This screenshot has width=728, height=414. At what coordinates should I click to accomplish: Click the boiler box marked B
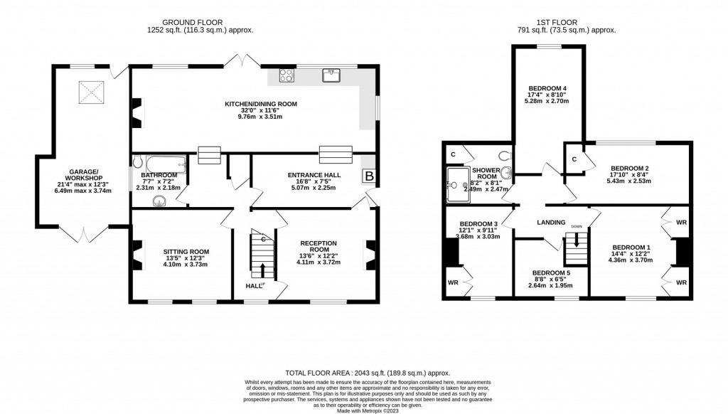coord(369,175)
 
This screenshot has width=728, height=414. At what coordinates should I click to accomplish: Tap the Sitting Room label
coord(186,251)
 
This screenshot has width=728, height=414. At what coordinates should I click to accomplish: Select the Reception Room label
coord(318,246)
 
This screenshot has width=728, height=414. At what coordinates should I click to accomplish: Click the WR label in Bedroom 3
coord(453,282)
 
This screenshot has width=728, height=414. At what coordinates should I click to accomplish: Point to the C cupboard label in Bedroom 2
coord(574,159)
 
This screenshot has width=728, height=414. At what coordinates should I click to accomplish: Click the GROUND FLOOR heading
coord(199,21)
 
